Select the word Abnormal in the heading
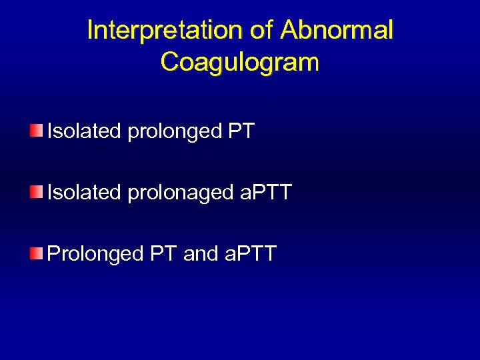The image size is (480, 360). (x=338, y=31)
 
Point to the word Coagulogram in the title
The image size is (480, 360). (x=240, y=62)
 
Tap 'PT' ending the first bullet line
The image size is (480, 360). (x=241, y=131)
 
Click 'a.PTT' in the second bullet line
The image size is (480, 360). (x=265, y=193)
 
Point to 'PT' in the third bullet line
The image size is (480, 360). (x=163, y=254)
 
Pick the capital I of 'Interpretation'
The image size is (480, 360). (x=91, y=31)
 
